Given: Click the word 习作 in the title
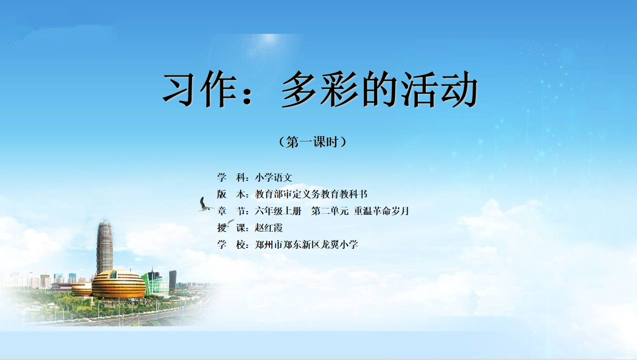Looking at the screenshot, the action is click(x=200, y=89).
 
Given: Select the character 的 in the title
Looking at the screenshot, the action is click(x=381, y=89).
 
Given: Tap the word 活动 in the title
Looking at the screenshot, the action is click(x=440, y=89).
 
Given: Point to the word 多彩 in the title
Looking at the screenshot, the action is click(x=320, y=89).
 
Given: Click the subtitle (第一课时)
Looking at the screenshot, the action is click(x=312, y=141).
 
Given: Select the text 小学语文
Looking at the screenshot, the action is click(x=274, y=178).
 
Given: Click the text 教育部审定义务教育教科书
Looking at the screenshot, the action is click(x=311, y=194).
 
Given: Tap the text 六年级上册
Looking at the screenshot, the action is click(x=278, y=211).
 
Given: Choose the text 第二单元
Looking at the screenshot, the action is click(x=330, y=211).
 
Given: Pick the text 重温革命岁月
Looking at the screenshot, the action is click(x=382, y=211).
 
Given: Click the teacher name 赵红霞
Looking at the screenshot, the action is click(x=269, y=228).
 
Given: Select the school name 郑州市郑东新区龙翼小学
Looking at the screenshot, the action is click(x=307, y=244).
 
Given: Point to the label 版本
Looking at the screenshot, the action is click(x=233, y=194).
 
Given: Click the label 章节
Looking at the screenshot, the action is click(x=233, y=211).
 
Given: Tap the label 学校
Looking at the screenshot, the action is click(x=233, y=244).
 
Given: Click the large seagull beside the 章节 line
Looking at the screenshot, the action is click(x=205, y=205).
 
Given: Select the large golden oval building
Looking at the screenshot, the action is click(x=118, y=284).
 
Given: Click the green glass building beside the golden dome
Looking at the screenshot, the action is click(x=156, y=283).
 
